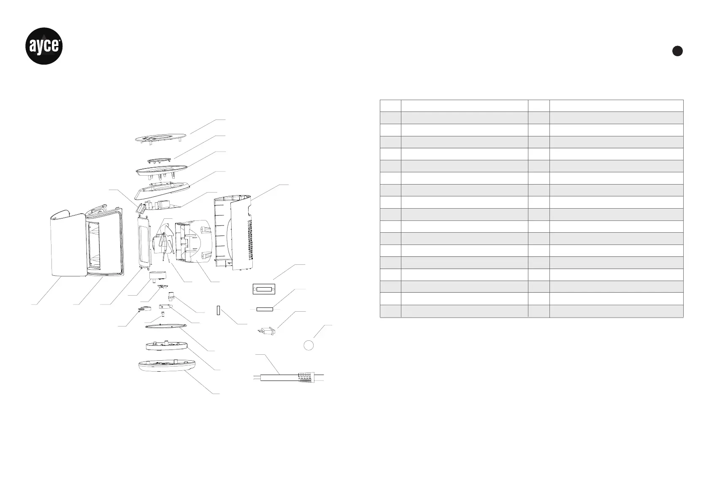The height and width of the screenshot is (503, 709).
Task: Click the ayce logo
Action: (x=45, y=46)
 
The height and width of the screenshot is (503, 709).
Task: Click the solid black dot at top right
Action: (x=677, y=51)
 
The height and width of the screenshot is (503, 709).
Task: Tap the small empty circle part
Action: (x=308, y=345)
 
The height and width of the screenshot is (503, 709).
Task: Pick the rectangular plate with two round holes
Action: (x=264, y=289)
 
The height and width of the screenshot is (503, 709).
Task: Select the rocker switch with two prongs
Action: (x=267, y=330)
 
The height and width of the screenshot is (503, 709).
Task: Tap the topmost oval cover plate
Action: (x=160, y=138)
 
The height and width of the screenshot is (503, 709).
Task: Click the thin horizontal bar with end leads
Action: (x=265, y=309)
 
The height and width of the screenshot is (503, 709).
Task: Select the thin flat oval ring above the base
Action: (x=166, y=326)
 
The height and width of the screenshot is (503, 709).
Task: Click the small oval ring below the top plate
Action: (x=160, y=161)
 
